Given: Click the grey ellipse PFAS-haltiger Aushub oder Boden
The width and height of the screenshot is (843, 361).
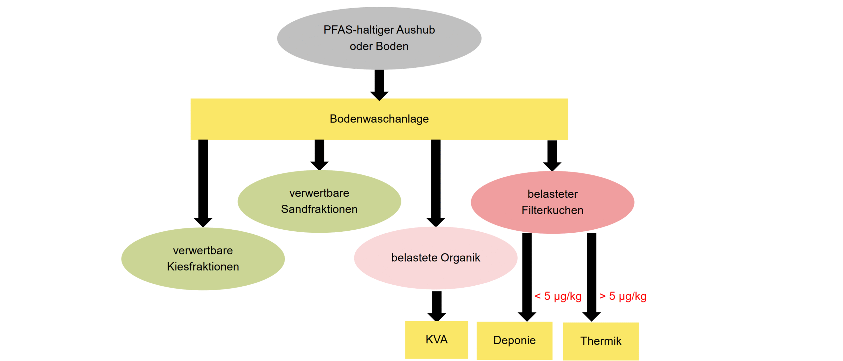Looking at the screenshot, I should pos(379,38).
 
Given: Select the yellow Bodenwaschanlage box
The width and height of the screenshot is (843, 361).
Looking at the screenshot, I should pos(379,119).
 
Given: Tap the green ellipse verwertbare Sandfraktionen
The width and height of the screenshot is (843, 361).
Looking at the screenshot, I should pos(319,201).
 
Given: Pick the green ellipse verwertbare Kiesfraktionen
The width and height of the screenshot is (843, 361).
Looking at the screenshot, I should pos(203,259).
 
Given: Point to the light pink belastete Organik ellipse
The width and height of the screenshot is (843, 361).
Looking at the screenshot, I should pos(435,258).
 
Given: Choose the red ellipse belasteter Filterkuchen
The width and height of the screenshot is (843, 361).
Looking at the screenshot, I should pos(552,202).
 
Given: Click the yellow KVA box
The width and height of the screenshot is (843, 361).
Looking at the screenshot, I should pos(436,339).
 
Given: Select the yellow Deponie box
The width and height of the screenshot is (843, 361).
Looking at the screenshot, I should pos(514,340).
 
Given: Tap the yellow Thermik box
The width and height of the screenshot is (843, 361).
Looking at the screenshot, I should pos(601,341).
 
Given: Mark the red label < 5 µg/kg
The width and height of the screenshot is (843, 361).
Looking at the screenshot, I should pos(558,296).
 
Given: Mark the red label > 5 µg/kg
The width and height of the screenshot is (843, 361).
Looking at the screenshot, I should pos(623,296).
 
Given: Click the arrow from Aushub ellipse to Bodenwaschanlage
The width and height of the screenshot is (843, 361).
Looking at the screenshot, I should pos(379,84).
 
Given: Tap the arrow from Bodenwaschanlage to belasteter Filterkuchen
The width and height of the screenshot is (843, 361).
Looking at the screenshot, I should pos(552,155).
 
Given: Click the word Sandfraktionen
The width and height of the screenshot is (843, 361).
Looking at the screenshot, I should pos(319,209).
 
